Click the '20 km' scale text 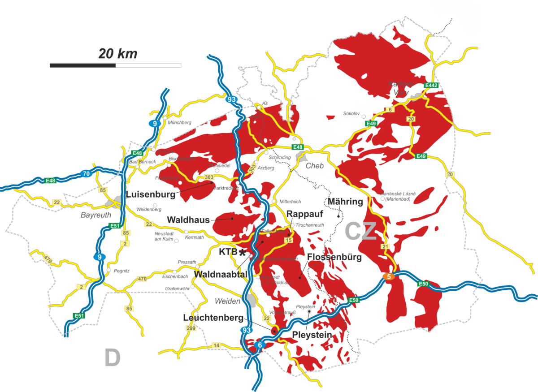118,54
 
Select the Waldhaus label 188,220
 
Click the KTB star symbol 243,253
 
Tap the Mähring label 345,202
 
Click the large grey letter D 113,358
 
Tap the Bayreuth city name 95,215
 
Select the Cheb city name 315,166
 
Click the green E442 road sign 431,85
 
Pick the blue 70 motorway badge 87,173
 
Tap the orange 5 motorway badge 389,277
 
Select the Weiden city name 227,301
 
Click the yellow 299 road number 190,328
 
